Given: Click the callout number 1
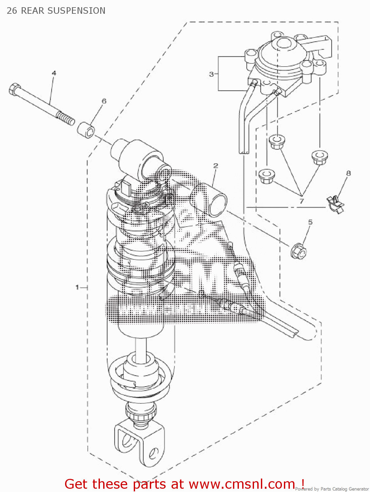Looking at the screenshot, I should coord(77,287).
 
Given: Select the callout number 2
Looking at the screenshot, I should coord(216,166).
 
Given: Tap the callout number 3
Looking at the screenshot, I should coord(211,74).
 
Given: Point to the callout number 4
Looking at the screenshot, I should coord(54,73).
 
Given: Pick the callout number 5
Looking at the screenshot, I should coord(310,222).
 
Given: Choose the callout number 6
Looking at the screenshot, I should coord(104,101).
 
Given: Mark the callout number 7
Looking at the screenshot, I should coord(302,201).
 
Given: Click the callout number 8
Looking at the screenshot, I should coord(348,173).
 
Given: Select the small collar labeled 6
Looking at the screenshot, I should coord(86,130).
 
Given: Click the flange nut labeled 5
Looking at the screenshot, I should coord(298,251).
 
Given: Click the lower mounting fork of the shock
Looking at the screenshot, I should coord(140,441).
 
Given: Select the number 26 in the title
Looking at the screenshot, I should coord(12,11).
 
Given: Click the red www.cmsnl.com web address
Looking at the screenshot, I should coord(242,484).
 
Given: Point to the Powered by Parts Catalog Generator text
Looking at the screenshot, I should coord(332,489).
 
